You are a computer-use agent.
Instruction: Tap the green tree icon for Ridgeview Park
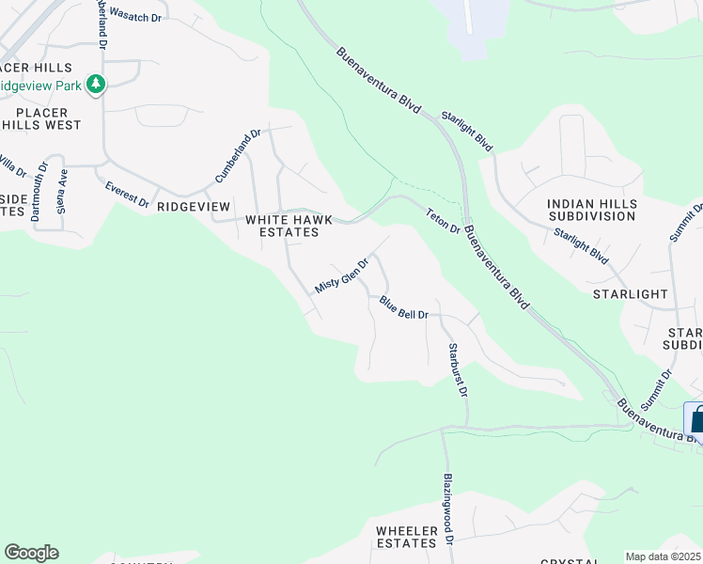(x=95, y=85)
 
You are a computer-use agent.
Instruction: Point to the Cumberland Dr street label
(x=237, y=157)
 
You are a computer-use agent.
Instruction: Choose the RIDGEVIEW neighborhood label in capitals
(x=193, y=206)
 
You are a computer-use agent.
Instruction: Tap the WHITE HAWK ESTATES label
(x=289, y=226)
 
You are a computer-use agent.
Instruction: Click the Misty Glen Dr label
(x=340, y=273)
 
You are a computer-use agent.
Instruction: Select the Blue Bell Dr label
(x=404, y=307)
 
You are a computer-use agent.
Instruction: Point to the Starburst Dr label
(x=458, y=369)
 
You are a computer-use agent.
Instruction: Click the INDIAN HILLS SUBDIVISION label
(x=592, y=210)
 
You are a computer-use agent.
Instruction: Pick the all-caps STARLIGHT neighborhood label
(x=630, y=294)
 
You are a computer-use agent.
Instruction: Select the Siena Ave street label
(x=63, y=192)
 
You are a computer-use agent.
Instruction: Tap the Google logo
(x=31, y=553)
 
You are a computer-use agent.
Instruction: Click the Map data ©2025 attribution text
(x=663, y=556)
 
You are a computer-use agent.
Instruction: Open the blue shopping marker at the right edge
(x=695, y=418)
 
